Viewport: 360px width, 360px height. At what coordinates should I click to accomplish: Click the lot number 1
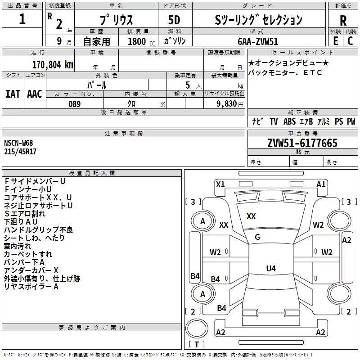[x=22, y=19]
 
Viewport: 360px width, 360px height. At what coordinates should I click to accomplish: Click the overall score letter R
[x=343, y=21]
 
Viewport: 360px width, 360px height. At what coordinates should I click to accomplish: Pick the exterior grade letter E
[x=335, y=41]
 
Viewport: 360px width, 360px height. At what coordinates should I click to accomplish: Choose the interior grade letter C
[x=350, y=41]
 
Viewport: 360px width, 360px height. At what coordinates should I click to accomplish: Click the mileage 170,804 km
[x=52, y=65]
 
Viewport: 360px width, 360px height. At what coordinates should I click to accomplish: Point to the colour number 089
[x=75, y=104]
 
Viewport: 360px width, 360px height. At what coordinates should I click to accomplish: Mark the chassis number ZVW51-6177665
[x=302, y=144]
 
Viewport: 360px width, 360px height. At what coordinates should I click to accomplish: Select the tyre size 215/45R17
[x=20, y=152]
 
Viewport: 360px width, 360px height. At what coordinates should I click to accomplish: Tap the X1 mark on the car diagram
[x=220, y=184]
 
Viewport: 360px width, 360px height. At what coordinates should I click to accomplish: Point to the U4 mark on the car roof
[x=270, y=269]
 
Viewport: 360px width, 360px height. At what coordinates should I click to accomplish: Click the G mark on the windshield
[x=257, y=237]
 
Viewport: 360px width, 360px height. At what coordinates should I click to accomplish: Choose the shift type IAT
[x=13, y=94]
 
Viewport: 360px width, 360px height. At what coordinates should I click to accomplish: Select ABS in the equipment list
[x=289, y=121]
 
